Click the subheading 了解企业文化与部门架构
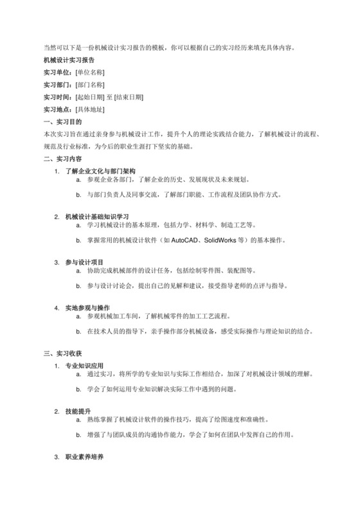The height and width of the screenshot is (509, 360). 100,171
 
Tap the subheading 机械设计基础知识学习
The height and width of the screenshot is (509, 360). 97,216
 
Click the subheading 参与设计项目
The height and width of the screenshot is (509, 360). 84,261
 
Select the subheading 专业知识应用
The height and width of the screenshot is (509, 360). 84,366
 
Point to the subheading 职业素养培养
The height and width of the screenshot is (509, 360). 84,457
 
